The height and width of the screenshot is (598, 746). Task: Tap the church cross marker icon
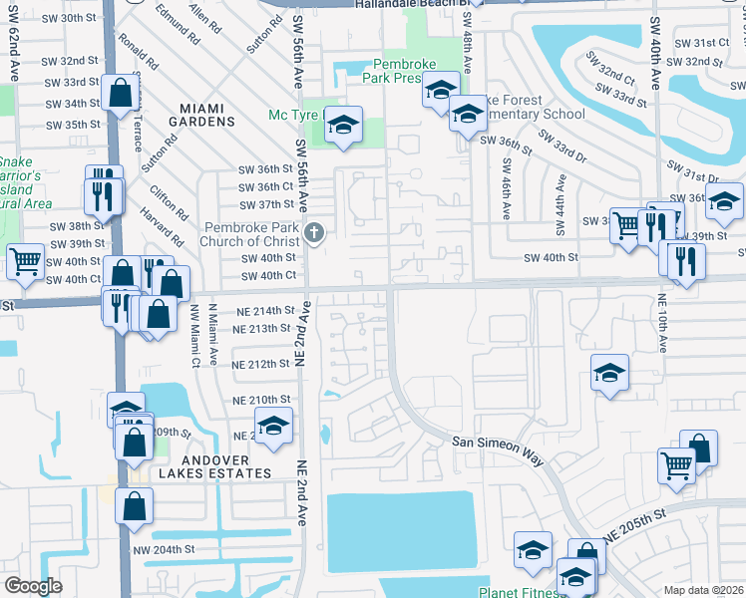pos(314,233)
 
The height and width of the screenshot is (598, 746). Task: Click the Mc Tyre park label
pos(291,115)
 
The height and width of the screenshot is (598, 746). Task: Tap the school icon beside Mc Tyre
pos(342,125)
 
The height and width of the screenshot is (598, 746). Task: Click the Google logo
pos(33,586)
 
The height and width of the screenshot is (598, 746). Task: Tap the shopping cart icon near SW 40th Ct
pos(25,262)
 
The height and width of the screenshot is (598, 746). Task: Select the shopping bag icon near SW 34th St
pos(120,94)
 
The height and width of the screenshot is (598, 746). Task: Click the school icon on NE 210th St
pos(273,427)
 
